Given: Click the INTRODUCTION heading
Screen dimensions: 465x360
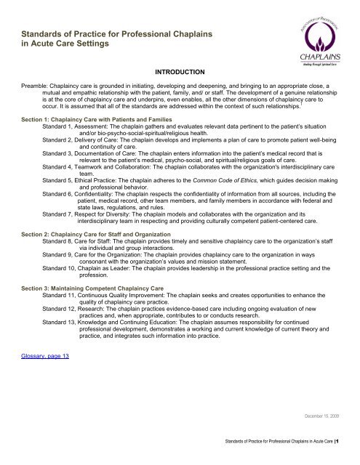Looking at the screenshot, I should click(x=179, y=73).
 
